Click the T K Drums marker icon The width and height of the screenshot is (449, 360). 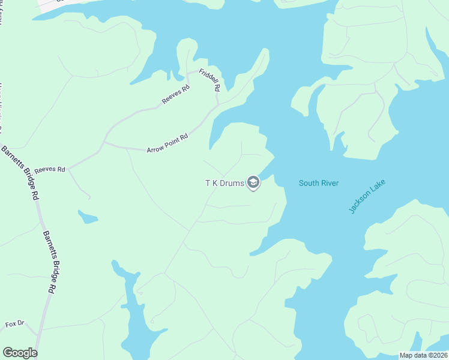click(253, 183)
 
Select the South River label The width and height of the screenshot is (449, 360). click(319, 183)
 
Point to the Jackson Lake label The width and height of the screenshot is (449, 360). click(366, 196)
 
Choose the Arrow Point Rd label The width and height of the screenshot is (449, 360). click(167, 143)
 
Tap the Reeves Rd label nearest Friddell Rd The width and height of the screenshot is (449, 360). click(175, 95)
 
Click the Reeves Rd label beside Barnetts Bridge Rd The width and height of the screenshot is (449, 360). click(49, 170)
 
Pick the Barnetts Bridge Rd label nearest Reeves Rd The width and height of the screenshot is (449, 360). click(20, 172)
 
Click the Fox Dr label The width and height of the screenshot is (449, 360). click(14, 324)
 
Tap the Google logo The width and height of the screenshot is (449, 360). click(20, 352)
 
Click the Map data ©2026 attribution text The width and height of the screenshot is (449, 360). click(424, 355)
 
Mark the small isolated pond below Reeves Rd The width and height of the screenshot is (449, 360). click(88, 217)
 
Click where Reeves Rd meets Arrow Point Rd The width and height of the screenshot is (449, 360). click(104, 143)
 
